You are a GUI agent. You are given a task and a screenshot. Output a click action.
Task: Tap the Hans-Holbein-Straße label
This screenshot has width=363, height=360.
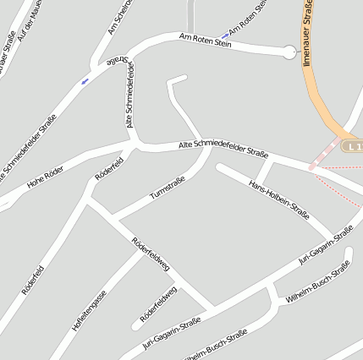click(x=278, y=199)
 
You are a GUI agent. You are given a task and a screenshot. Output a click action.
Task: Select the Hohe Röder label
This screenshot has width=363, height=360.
click(x=47, y=177)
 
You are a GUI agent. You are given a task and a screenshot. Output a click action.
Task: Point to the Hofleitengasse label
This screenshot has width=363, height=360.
click(x=89, y=309)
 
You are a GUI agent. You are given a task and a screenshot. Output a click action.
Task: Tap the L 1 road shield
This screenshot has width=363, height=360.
click(x=354, y=147)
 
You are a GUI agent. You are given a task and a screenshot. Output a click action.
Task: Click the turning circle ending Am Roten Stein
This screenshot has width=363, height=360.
click(x=290, y=52)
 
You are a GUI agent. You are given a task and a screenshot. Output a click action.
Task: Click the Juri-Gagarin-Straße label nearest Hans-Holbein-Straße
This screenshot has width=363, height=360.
click(x=325, y=246)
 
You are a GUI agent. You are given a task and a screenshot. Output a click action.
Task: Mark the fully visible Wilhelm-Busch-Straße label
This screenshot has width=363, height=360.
click(x=318, y=281)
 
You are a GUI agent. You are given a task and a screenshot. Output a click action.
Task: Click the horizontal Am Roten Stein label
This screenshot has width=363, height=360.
click(x=205, y=40)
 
